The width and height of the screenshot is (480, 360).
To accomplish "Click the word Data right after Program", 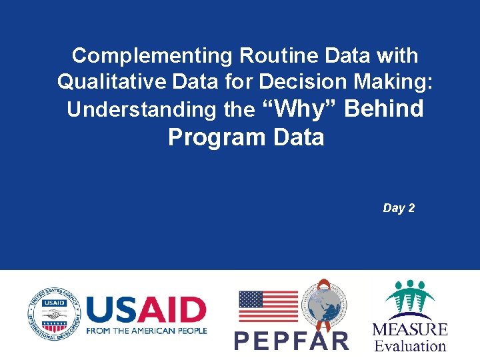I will click(298, 137).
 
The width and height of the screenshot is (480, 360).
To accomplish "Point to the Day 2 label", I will click(399, 208).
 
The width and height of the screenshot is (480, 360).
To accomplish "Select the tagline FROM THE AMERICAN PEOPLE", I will click(147, 331).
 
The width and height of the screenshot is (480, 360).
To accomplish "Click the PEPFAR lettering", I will click(291, 341).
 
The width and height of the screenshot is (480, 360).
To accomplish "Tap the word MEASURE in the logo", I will click(409, 329).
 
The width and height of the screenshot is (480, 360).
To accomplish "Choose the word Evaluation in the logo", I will click(409, 346).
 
